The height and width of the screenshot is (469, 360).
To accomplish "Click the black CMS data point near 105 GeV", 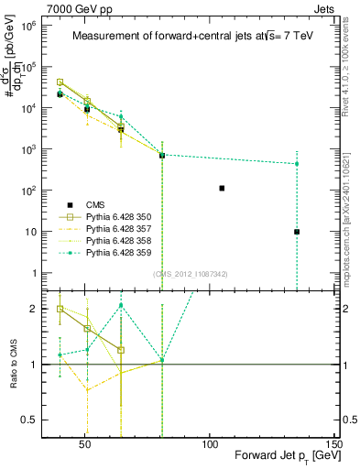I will [222, 188].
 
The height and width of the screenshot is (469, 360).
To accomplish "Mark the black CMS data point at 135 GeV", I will [297, 232].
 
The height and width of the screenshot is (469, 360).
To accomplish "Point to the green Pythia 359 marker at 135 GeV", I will [297, 164].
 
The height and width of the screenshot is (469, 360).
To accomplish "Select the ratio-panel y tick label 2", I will [41, 309].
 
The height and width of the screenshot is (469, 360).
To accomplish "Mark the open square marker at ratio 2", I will [60, 309].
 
